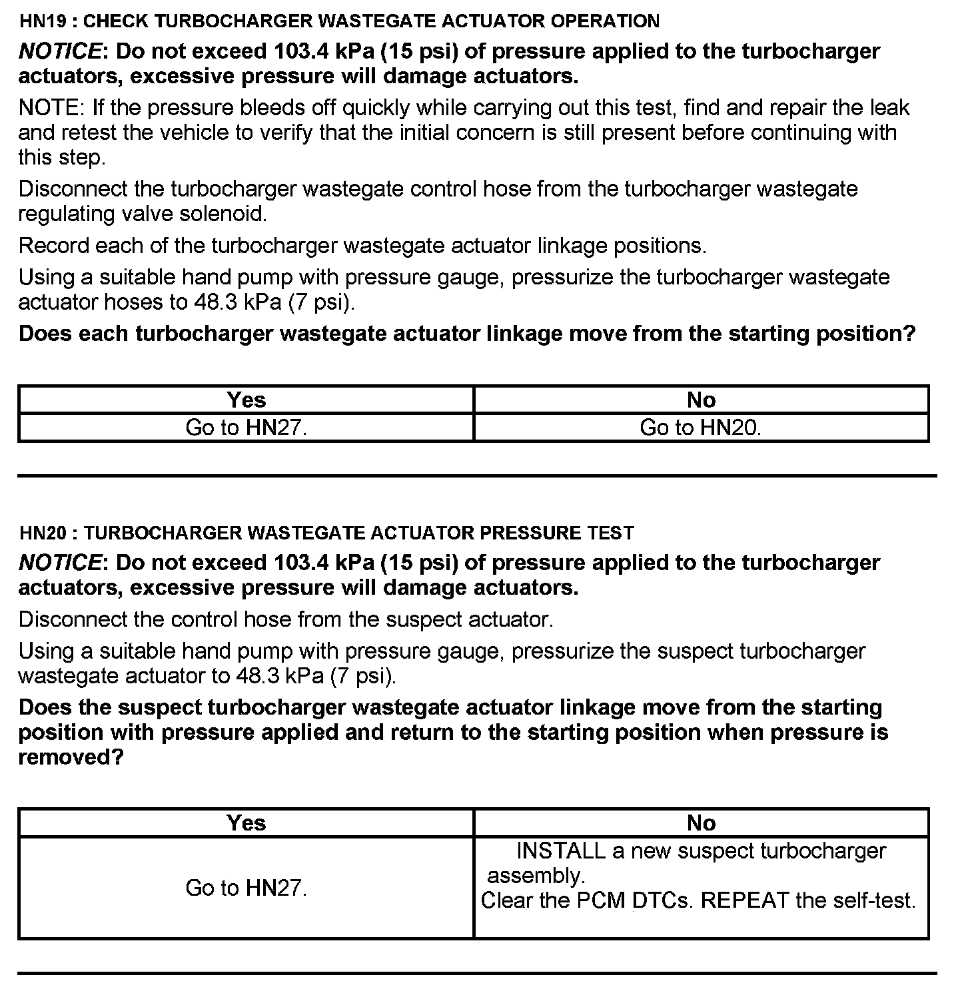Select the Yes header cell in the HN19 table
pyautogui.click(x=246, y=400)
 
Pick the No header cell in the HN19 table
pyautogui.click(x=701, y=400)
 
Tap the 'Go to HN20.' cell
pyautogui.click(x=701, y=428)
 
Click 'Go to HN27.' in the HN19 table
pyautogui.click(x=246, y=428)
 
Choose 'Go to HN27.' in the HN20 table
pyautogui.click(x=246, y=888)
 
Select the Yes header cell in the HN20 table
pyautogui.click(x=246, y=823)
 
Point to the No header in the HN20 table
pyautogui.click(x=701, y=823)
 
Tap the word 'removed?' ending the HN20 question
pyautogui.click(x=71, y=758)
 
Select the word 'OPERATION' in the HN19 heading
pyautogui.click(x=605, y=21)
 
